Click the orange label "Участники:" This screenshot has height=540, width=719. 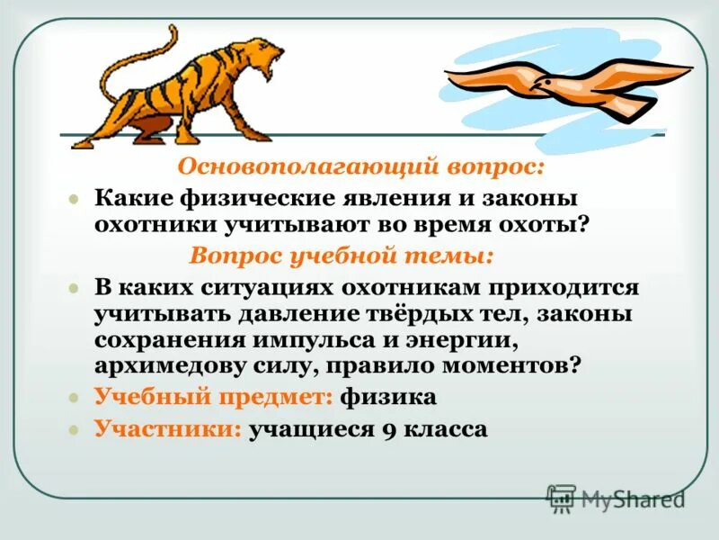pyautogui.click(x=168, y=428)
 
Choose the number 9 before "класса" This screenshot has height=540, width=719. pyautogui.click(x=387, y=429)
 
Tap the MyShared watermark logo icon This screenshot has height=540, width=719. pyautogui.click(x=562, y=499)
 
